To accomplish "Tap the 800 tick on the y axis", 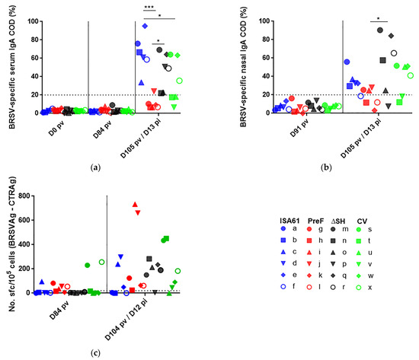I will point(22,196).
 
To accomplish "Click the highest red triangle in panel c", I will point(136,204).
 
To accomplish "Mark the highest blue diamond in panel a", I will point(145,26).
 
